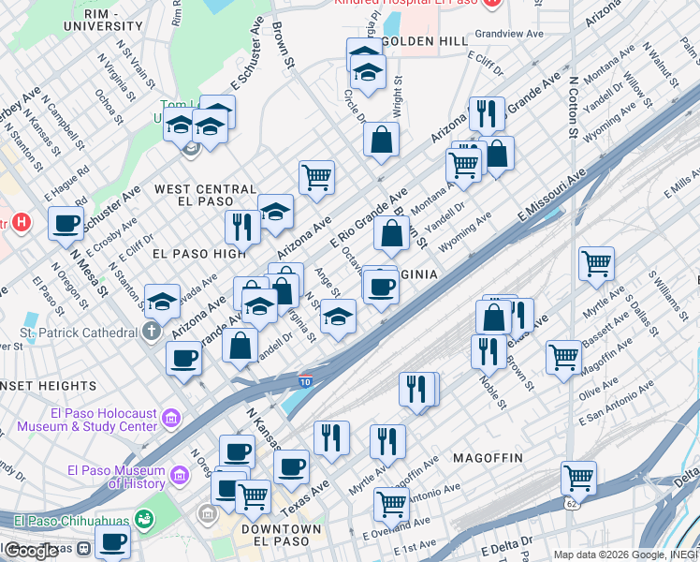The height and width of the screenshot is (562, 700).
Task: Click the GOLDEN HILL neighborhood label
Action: [x=425, y=41]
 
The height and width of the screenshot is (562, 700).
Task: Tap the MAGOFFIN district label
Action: [x=487, y=457]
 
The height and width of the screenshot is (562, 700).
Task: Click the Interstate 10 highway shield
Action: [x=306, y=381]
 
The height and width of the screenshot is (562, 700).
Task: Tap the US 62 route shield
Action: [x=571, y=504]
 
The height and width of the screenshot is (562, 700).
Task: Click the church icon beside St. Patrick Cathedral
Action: [x=152, y=332]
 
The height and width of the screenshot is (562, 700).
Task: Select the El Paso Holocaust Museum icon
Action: [x=170, y=418]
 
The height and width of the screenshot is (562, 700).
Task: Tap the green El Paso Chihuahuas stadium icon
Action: [x=144, y=519]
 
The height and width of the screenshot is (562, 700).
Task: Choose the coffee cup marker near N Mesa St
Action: [x=65, y=225]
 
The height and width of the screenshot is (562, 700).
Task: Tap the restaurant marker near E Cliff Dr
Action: [x=486, y=114]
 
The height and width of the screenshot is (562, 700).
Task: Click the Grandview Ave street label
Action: [x=509, y=34]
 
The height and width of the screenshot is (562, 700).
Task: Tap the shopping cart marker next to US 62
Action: [x=578, y=478]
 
